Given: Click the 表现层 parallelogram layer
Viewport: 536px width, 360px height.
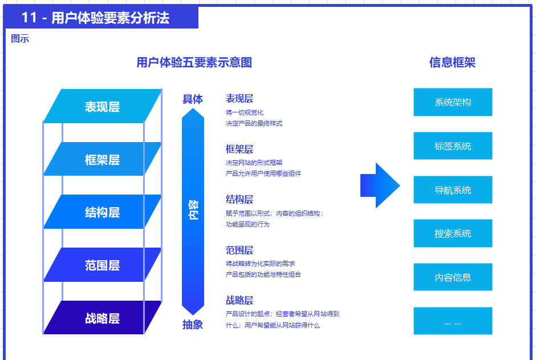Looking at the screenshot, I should point(103,106).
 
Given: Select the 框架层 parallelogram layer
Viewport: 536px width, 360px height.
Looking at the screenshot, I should point(103,159).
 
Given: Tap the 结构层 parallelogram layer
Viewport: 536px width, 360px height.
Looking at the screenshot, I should point(103,212).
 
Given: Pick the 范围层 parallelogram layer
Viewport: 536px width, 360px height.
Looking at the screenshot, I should point(103,265).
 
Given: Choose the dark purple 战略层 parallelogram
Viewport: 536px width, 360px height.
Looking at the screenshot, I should point(103,318).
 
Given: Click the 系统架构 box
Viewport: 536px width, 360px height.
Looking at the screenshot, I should point(453,102).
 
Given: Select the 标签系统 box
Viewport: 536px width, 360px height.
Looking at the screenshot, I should point(453,146).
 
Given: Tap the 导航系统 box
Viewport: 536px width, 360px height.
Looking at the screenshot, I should point(453,190).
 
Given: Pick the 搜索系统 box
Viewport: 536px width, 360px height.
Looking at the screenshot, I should point(453,233).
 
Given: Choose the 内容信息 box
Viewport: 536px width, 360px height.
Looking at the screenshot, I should point(453,277).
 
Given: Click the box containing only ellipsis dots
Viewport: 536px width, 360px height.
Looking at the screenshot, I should point(453,321).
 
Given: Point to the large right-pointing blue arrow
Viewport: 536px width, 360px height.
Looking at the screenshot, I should point(380,185).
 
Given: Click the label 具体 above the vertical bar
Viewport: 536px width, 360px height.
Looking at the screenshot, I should point(193,99).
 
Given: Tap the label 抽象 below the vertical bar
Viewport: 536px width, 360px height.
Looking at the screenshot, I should point(193,325).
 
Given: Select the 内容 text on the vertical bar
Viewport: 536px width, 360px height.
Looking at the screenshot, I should point(193,211).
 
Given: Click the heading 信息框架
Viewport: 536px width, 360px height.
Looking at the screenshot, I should point(452,63).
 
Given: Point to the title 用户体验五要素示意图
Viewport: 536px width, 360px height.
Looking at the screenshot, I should point(194,63).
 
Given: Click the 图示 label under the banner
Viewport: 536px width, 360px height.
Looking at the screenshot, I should point(20,39).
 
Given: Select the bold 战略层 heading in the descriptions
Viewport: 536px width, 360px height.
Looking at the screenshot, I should point(239,301).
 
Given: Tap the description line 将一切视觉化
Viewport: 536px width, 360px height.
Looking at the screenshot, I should point(245,112).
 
